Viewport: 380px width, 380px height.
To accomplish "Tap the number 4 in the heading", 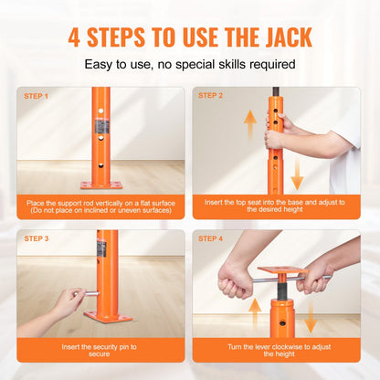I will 75,37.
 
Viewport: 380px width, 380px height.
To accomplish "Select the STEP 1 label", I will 36,95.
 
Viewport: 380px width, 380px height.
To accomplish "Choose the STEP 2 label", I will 211,95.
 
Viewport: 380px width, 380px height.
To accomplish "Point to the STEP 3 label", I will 36,237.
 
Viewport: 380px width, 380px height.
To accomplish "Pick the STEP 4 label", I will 211,237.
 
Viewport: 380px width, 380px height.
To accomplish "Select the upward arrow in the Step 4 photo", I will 255,313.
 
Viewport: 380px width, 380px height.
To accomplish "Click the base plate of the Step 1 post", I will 100,185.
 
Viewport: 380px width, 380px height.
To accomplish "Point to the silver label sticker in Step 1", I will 100,126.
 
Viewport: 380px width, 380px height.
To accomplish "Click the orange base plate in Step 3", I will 108,316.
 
